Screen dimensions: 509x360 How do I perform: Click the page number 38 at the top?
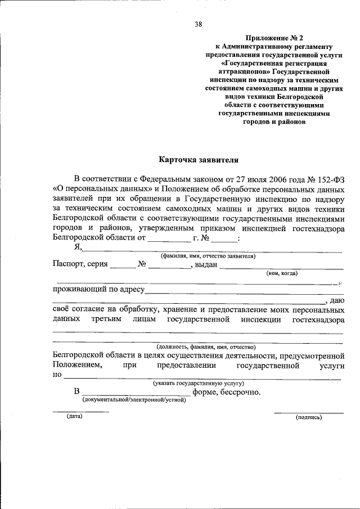point(199,24)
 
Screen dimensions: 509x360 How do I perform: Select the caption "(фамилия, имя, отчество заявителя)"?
point(208,256)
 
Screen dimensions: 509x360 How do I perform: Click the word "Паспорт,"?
point(69,264)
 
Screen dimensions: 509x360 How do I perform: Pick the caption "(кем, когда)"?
point(282,273)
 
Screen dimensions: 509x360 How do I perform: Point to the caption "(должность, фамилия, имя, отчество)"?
point(206,347)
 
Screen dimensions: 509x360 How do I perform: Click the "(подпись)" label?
point(309,417)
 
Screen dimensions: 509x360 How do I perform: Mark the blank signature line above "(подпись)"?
point(308,412)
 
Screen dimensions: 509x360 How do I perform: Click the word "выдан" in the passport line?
point(207,265)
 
